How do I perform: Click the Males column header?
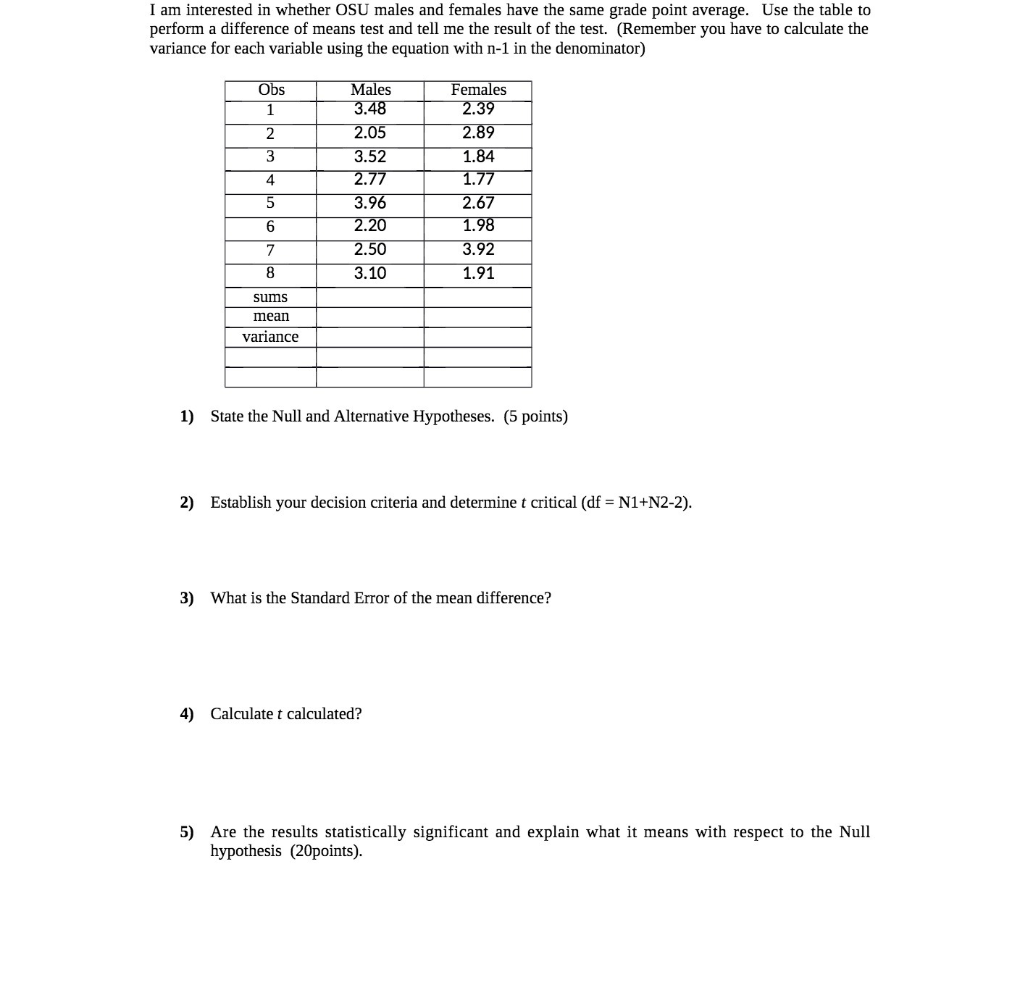370,90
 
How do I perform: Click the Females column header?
478,90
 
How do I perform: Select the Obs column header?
271,90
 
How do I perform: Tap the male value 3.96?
369,203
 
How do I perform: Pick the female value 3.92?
478,249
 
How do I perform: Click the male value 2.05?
369,133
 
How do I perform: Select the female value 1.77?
478,179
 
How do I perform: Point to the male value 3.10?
369,273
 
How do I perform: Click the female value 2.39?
478,109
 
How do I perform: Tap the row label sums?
270,297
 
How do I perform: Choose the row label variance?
270,337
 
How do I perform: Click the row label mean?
271,316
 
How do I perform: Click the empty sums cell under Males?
369,297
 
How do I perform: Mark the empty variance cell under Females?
477,337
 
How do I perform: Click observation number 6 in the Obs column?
270,227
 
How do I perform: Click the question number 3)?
187,598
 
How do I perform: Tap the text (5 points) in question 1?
536,416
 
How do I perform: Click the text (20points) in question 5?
326,851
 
